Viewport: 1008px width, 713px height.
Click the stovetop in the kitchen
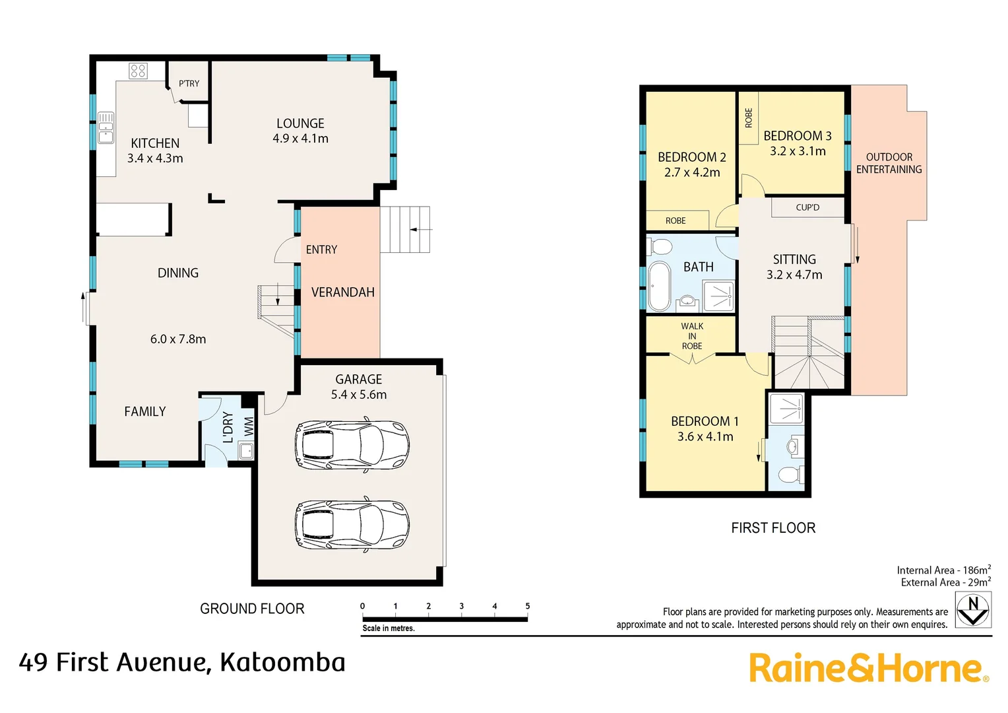(x=138, y=71)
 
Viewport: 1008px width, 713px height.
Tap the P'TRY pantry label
(x=189, y=84)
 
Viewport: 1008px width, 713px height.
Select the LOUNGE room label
(x=300, y=123)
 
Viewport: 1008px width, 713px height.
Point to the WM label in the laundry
(x=249, y=426)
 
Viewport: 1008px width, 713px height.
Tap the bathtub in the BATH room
(x=659, y=287)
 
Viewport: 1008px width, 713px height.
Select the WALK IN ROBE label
(x=691, y=336)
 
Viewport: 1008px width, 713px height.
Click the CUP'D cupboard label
(x=807, y=207)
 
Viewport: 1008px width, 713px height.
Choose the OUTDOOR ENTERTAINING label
(x=889, y=163)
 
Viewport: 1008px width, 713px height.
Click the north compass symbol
(x=974, y=610)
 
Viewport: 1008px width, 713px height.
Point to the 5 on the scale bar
(x=527, y=606)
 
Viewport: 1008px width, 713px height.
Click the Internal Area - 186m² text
(x=943, y=570)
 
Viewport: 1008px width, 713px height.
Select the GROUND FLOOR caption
(x=252, y=609)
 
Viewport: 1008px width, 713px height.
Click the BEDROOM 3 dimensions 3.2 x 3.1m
(x=798, y=151)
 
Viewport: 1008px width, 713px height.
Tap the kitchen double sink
(x=106, y=127)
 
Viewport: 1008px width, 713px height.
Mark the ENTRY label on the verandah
(x=321, y=250)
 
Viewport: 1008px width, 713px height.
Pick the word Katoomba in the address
(x=282, y=662)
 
